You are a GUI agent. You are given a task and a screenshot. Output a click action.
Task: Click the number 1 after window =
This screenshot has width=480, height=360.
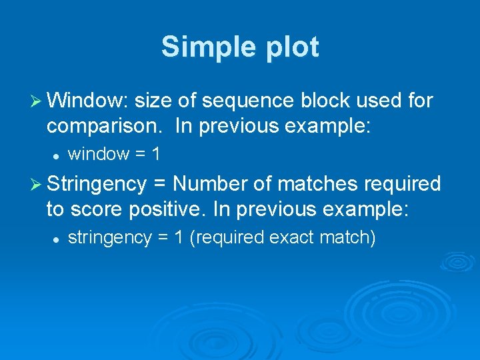pyautogui.click(x=155, y=154)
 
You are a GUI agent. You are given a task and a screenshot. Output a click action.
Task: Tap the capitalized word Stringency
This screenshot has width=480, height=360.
pyautogui.click(x=97, y=183)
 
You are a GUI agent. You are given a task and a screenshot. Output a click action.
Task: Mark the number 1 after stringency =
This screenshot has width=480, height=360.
pyautogui.click(x=178, y=237)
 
